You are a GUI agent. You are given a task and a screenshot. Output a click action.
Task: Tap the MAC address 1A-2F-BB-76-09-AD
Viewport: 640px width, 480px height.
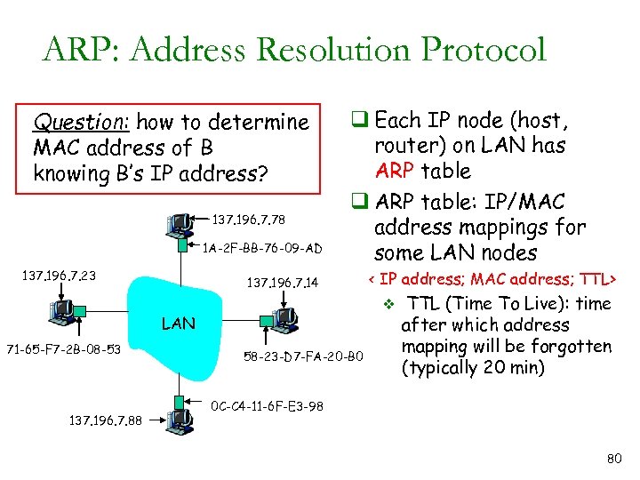[x=262, y=248]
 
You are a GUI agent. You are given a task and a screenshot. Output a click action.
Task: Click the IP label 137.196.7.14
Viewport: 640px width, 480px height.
[x=282, y=284]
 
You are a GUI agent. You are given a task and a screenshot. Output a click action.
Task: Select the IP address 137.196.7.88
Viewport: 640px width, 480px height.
[x=108, y=420]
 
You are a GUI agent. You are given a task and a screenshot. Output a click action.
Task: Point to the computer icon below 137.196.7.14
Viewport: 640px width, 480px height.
[x=284, y=317]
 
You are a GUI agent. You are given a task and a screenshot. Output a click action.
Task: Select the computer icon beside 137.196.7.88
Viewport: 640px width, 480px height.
[x=180, y=420]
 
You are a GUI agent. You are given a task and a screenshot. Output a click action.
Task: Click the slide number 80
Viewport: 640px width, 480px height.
[x=612, y=460]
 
